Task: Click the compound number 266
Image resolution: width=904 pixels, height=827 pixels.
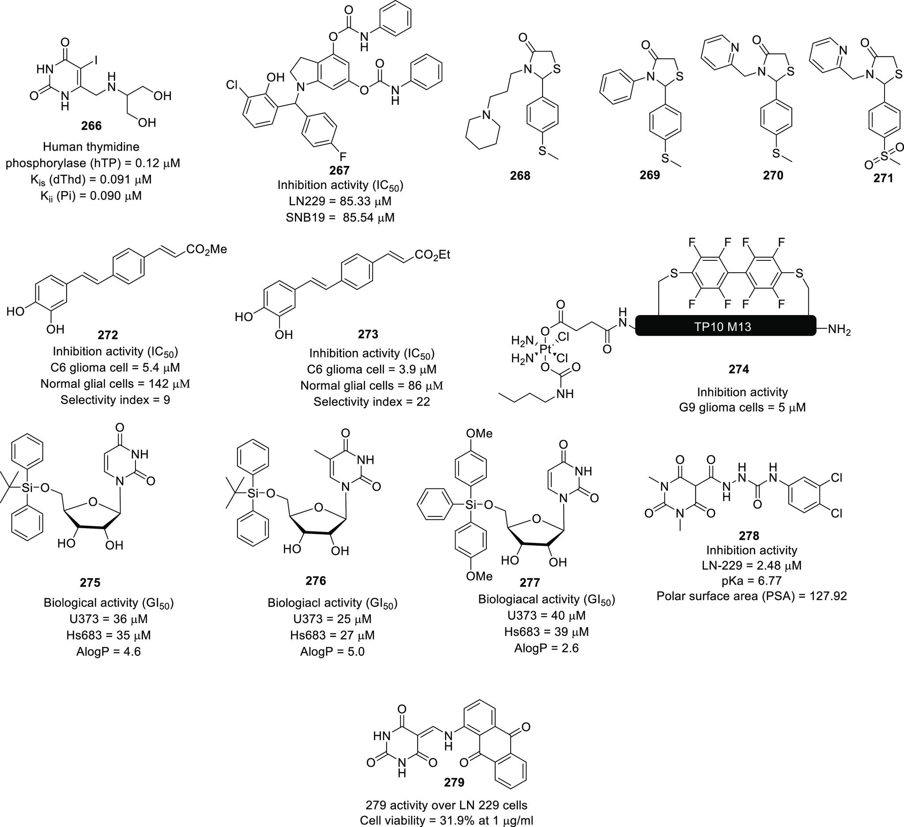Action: click(x=91, y=126)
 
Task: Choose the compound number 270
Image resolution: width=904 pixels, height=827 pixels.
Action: click(x=773, y=175)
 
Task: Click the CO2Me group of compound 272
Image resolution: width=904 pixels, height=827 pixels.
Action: click(x=206, y=249)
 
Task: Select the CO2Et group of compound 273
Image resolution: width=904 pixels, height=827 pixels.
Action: click(x=432, y=255)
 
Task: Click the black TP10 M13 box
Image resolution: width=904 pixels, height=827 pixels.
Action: click(x=725, y=327)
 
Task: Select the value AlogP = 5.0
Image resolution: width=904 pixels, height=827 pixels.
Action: click(x=332, y=651)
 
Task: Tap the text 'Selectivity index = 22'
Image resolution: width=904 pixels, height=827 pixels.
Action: click(x=372, y=402)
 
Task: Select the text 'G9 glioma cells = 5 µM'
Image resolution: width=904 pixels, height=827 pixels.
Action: click(x=742, y=407)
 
